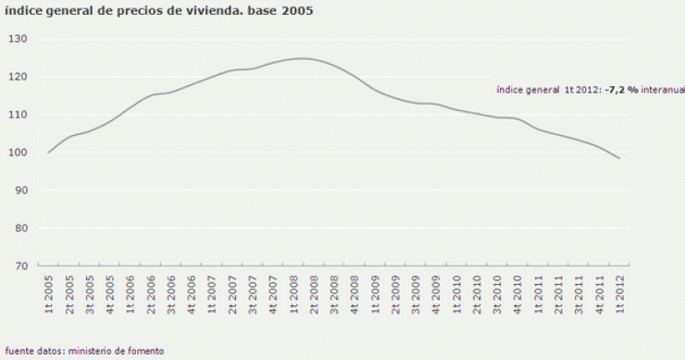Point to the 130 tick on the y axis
(19, 39)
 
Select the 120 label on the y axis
(19, 77)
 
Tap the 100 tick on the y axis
(19, 152)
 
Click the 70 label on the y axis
(21, 266)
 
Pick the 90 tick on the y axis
(21, 190)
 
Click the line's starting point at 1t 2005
(48, 152)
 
